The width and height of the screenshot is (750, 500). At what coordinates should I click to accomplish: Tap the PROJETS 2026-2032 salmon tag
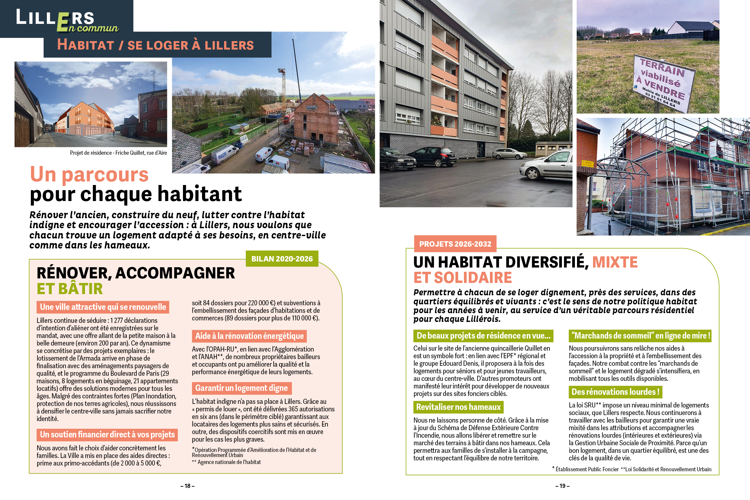(455, 244)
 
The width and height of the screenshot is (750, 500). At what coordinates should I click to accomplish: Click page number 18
(187, 486)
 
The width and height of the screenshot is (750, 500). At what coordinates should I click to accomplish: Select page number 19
(562, 486)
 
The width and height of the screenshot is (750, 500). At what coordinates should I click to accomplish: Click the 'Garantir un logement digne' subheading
(242, 388)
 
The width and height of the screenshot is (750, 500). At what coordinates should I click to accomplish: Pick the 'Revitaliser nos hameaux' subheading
(458, 407)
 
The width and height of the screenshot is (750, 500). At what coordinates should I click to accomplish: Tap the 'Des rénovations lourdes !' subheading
(615, 391)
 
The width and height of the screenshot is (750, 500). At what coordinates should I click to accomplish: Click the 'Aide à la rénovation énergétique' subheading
(249, 336)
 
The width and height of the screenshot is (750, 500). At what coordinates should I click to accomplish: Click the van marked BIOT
(225, 154)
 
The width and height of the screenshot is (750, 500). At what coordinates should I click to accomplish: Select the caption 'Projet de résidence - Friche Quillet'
(118, 153)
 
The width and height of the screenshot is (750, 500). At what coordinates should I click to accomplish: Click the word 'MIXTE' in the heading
(615, 262)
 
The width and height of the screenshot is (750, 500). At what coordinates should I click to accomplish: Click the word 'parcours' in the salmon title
(105, 174)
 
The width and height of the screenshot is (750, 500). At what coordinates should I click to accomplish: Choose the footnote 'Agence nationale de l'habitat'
(229, 462)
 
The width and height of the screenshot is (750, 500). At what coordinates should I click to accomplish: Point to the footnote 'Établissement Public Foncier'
(587, 469)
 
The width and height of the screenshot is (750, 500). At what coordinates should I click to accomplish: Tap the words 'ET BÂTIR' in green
(70, 289)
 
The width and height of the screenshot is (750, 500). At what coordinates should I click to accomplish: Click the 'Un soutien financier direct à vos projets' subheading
(107, 435)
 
